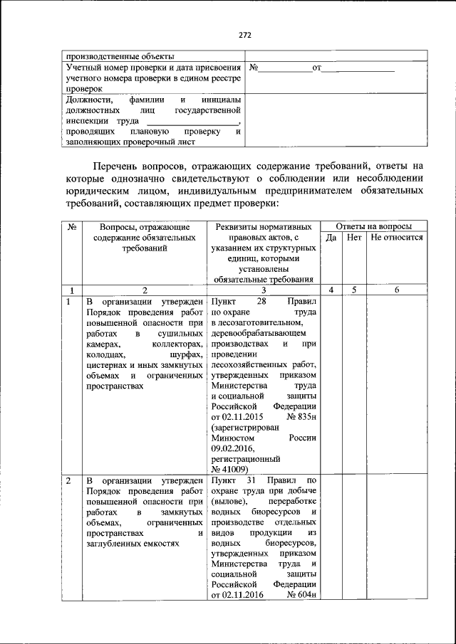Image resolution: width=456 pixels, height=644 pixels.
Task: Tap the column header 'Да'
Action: (x=331, y=238)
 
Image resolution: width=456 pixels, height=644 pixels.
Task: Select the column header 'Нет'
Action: (x=354, y=238)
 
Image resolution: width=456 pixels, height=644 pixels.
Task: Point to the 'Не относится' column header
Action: (x=397, y=238)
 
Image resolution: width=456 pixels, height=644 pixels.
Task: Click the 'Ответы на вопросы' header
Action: (x=373, y=226)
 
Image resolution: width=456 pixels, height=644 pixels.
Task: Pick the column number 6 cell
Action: (x=397, y=290)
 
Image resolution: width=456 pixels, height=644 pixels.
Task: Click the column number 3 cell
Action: (x=264, y=290)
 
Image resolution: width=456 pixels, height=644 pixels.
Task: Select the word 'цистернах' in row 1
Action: (x=105, y=364)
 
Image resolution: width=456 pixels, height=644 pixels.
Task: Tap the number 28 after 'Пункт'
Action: (x=261, y=302)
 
